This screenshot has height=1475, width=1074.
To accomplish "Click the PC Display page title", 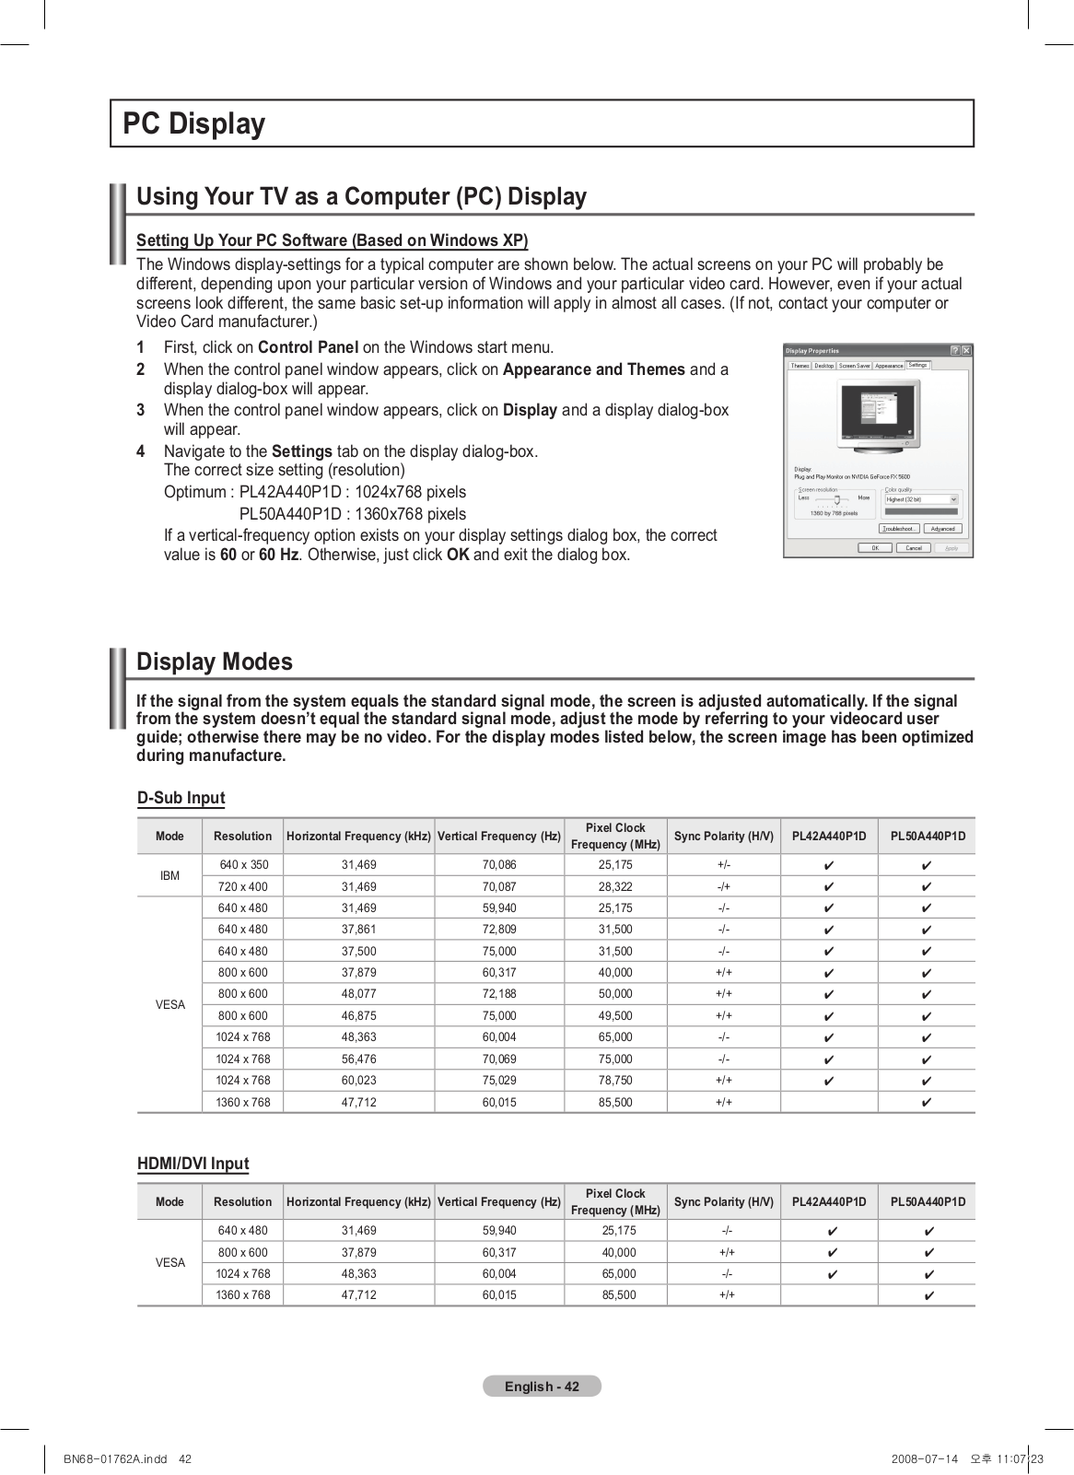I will [x=194, y=123].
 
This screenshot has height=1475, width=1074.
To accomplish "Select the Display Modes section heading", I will [x=215, y=661].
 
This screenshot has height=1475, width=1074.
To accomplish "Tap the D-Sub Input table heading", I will [x=181, y=798].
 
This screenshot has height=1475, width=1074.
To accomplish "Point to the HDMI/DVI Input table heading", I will [x=193, y=1164].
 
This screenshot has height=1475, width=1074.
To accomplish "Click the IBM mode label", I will [x=169, y=875].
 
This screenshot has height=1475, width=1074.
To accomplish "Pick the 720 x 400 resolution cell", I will [x=243, y=886].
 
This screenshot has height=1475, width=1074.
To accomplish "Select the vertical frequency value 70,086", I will [x=499, y=865].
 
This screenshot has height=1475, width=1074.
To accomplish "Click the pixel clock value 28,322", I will [x=615, y=886].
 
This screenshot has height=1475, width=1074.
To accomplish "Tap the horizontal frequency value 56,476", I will [x=358, y=1059].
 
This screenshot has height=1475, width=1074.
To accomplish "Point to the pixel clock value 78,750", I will [x=615, y=1080].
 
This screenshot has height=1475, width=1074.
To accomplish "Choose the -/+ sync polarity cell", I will [x=724, y=886].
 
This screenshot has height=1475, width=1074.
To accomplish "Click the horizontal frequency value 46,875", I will [x=358, y=1015].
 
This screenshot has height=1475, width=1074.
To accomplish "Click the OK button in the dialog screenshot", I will [x=874, y=547].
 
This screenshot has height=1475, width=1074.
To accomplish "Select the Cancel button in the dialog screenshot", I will [x=913, y=547].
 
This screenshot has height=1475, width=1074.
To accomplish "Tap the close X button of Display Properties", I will [x=966, y=350].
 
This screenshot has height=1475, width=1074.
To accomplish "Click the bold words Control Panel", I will [x=308, y=347].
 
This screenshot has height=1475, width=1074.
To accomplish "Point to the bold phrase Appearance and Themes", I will [x=593, y=369].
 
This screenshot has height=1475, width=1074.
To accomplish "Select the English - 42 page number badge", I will [x=542, y=1387].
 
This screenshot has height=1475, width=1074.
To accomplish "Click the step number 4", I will [x=141, y=451].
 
